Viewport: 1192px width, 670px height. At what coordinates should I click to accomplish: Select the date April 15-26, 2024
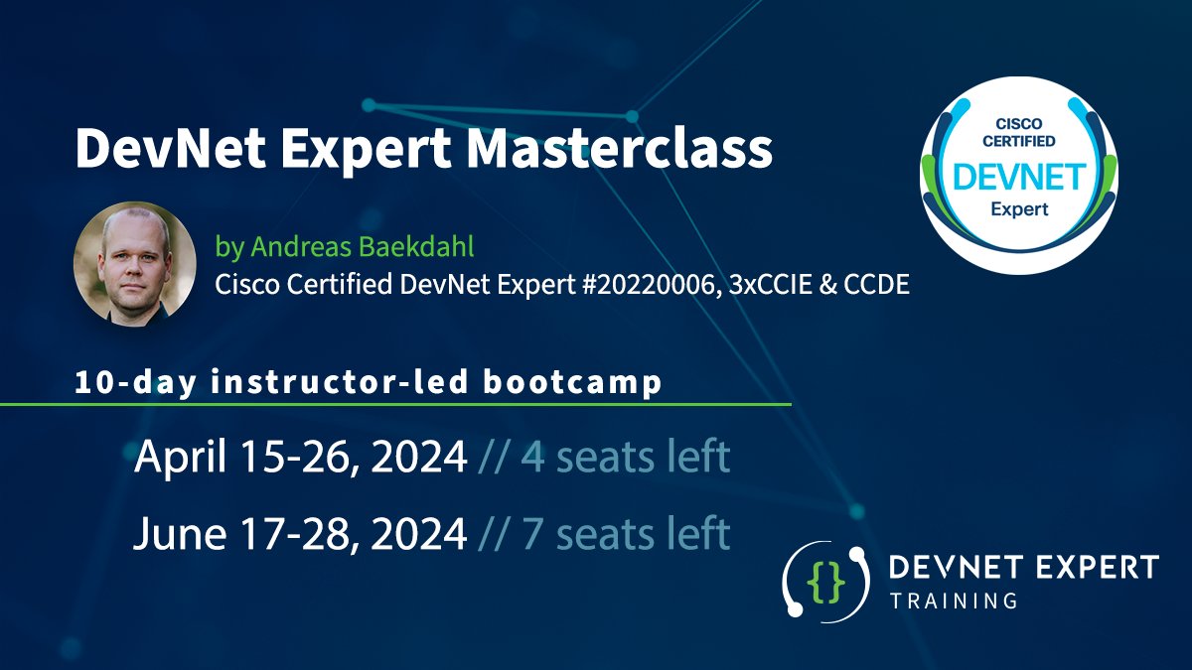coord(300,458)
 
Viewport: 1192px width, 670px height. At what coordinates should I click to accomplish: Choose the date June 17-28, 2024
coord(300,534)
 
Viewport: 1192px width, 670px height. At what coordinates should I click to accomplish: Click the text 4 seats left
coord(625,458)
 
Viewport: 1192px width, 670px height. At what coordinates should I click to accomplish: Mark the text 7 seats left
coord(625,534)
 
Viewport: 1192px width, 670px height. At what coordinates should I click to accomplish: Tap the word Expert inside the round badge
coord(1018,210)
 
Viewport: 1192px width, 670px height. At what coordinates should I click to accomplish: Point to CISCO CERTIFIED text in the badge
coord(1018,133)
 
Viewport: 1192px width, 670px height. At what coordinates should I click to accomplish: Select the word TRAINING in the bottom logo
coord(954,601)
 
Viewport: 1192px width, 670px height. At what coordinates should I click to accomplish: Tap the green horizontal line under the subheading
coord(397,405)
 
